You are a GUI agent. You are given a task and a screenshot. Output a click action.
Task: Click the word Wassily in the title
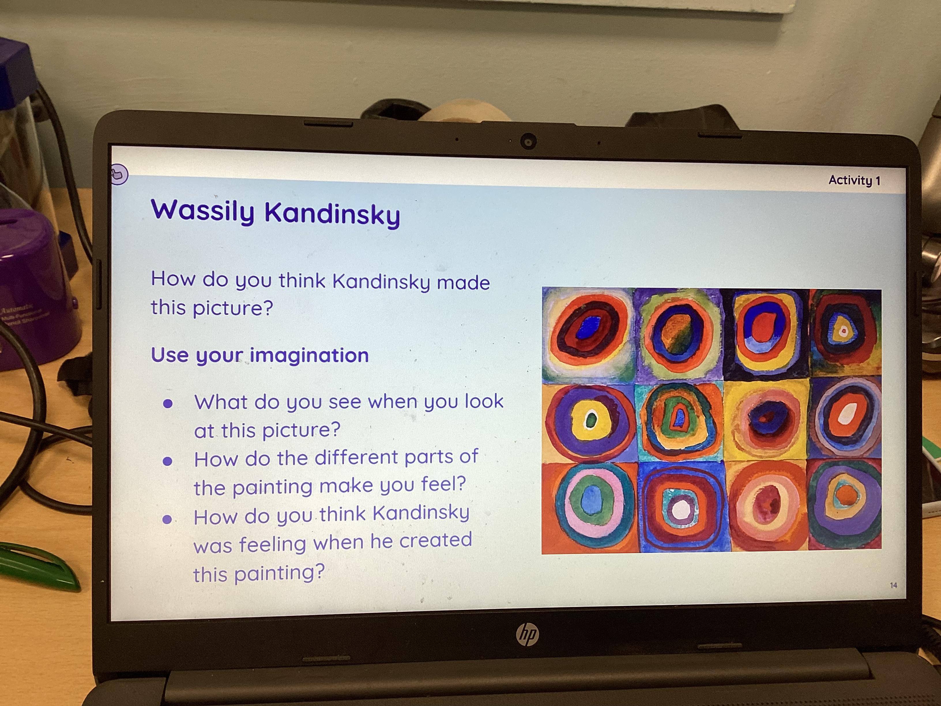pos(202,211)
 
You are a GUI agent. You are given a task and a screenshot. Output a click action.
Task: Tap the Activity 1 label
pos(854,181)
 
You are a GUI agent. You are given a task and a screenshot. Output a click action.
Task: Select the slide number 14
pos(893,585)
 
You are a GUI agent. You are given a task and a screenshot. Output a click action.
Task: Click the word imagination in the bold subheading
pos(309,355)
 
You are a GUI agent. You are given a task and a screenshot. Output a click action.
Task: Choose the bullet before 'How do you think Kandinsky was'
pos(167,519)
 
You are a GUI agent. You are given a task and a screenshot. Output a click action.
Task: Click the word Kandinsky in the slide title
pos(332,214)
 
